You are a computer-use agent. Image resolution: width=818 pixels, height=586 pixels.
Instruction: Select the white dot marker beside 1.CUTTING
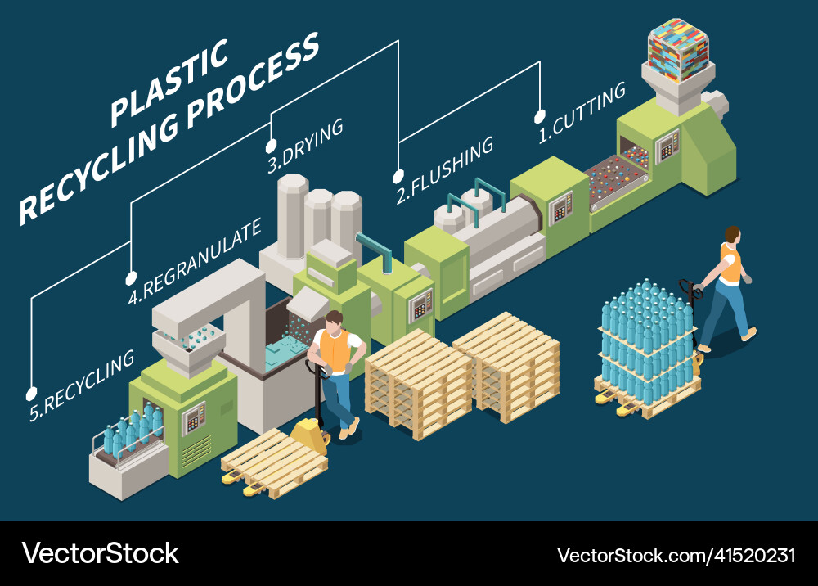click(539, 116)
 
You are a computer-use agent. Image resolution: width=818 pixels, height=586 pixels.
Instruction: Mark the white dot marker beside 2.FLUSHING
click(398, 175)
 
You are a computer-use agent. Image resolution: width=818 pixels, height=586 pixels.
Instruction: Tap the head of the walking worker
click(732, 235)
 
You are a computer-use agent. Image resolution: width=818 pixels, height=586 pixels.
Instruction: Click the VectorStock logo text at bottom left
click(100, 553)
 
